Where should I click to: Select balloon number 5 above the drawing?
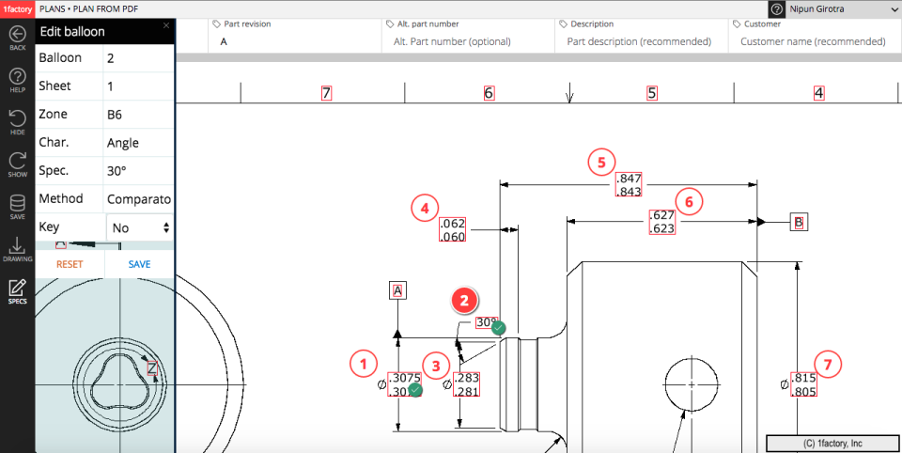tap(601, 162)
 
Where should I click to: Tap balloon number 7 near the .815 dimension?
tap(827, 363)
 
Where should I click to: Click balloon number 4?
tap(425, 208)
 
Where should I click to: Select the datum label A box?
tap(398, 291)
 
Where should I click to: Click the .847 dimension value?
tap(629, 179)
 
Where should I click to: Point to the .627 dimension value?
tap(661, 215)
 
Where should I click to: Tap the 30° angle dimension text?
tap(486, 322)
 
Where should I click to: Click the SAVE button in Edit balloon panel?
tap(139, 264)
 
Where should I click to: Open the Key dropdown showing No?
tap(140, 227)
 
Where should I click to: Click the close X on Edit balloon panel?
tap(166, 26)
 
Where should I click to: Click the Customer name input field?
tap(813, 41)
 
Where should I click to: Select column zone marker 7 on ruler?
tap(326, 93)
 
